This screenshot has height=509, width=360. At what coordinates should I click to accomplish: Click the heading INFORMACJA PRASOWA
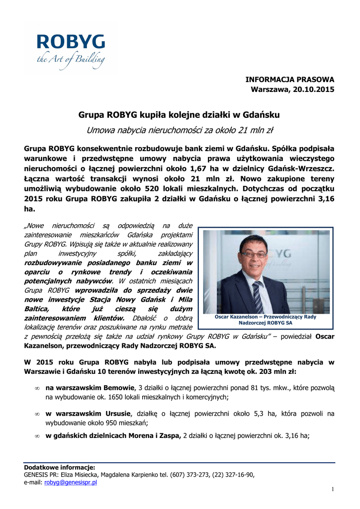tap(290, 80)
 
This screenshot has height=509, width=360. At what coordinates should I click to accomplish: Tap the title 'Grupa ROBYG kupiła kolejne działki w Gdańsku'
tap(180, 115)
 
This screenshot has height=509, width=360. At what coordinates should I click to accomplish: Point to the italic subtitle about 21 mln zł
tap(180, 131)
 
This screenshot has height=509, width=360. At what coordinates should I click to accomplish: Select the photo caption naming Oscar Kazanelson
tap(266, 320)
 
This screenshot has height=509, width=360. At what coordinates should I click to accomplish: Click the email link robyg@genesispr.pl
tap(71, 482)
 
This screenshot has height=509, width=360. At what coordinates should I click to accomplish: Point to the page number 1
tap(333, 490)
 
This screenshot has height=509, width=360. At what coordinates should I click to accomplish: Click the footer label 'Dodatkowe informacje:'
tap(59, 467)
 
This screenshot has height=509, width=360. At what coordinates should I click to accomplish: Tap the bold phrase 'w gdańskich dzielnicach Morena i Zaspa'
tap(113, 435)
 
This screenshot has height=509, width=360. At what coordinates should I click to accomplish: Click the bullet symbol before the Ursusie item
tap(37, 414)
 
